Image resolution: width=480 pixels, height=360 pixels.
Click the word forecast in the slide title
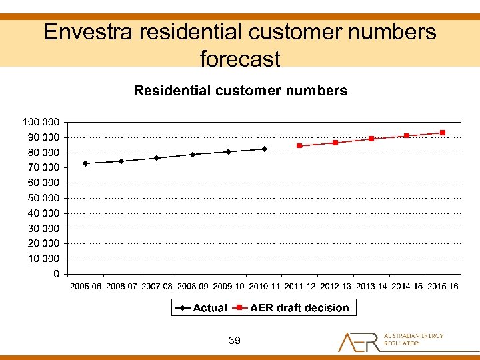(240, 59)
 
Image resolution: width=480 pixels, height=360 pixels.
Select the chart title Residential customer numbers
(241, 91)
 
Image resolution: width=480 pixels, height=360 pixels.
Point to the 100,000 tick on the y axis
(41, 122)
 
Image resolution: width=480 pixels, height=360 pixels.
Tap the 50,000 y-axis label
(43, 198)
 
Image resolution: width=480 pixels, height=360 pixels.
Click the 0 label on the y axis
(55, 274)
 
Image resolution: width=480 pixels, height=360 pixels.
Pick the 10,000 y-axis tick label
(43, 259)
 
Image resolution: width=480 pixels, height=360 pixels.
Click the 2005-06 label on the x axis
(85, 287)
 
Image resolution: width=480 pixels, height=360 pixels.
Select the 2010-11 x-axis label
(264, 287)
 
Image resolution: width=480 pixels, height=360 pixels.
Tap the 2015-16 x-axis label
(443, 287)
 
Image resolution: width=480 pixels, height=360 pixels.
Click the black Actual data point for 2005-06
(85, 163)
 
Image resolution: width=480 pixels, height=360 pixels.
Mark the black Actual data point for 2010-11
(264, 149)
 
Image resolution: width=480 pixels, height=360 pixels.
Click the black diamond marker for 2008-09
(193, 155)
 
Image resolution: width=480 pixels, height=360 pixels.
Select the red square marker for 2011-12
(299, 145)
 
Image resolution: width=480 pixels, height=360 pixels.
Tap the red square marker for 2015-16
(443, 133)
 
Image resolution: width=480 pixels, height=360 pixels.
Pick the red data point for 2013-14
(371, 139)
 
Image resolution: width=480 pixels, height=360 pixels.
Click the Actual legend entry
(201, 308)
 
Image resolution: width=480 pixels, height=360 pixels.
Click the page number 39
(234, 341)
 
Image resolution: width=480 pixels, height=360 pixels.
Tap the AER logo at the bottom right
(390, 341)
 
